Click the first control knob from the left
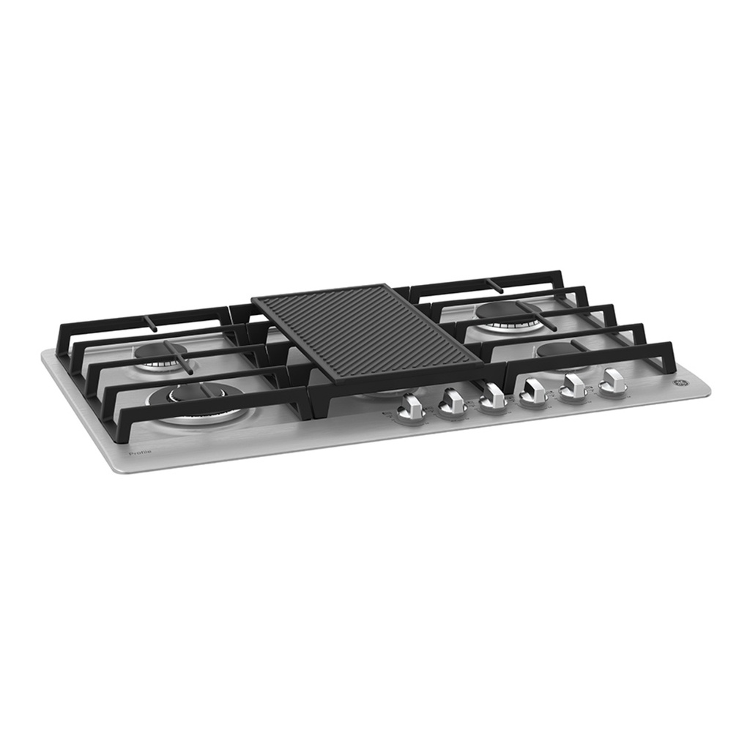[412, 407]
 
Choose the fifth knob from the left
[574, 387]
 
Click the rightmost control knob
[612, 382]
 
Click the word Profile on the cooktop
[140, 453]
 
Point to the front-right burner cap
[558, 352]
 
